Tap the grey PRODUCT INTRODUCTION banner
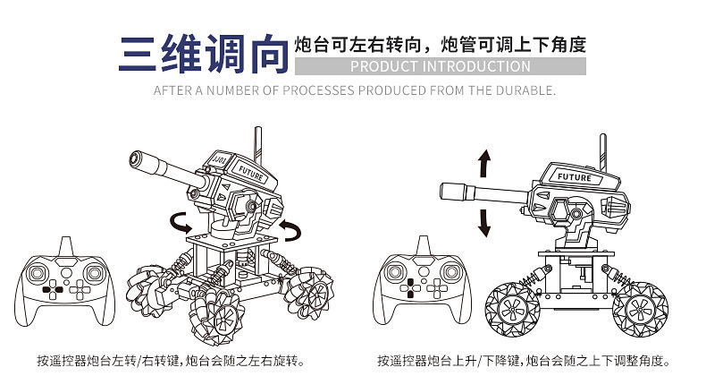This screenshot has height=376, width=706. click(440, 66)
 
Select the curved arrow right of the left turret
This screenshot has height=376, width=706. click(290, 229)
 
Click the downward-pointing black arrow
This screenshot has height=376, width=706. click(484, 220)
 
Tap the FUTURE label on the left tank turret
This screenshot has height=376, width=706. click(252, 175)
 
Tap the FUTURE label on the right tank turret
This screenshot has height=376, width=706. click(574, 177)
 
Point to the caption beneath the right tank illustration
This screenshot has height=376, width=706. click(524, 361)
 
